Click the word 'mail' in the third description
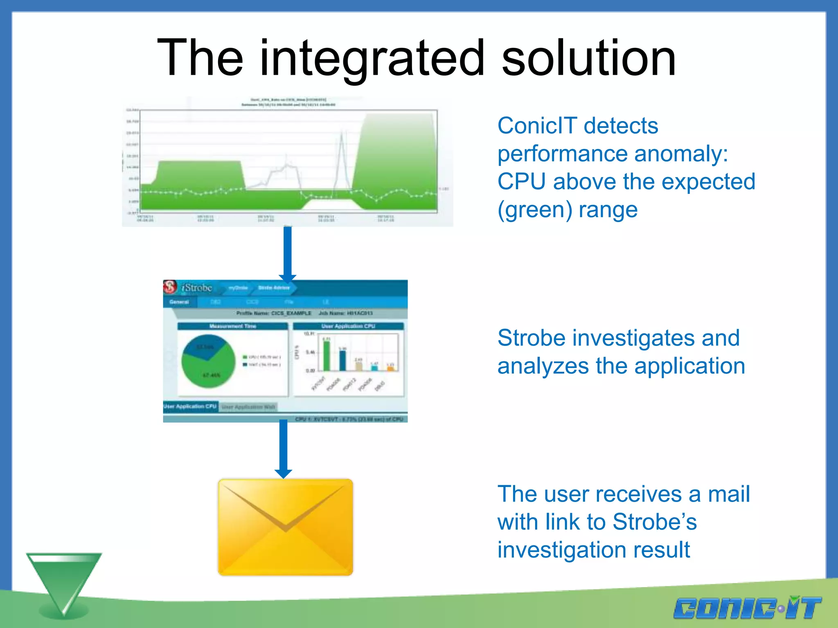coord(729,494)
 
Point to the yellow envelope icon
coord(285,527)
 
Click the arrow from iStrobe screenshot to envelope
coord(283,448)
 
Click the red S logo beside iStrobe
coord(170,287)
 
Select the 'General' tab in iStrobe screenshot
coord(179,302)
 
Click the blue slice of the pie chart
coord(203,346)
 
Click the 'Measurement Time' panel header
coord(232,326)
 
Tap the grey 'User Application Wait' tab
coord(248,407)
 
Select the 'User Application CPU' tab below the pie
coord(190,406)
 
